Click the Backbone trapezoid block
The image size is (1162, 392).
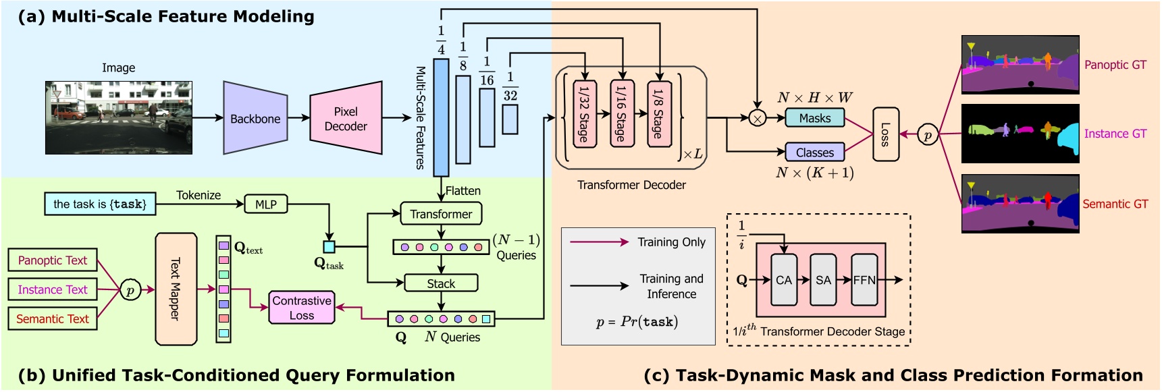click(x=255, y=118)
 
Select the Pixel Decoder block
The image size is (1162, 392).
click(x=346, y=119)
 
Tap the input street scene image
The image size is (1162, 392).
click(x=119, y=118)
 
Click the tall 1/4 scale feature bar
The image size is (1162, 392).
click(x=441, y=117)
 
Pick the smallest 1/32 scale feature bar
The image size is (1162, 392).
click(x=510, y=119)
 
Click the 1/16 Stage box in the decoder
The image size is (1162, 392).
click(x=621, y=113)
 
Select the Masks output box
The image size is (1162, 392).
click(x=815, y=118)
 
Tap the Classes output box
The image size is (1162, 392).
click(x=815, y=152)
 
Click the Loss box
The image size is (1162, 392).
click(x=885, y=134)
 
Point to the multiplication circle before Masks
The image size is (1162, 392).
click(x=758, y=119)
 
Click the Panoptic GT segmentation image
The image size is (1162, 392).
click(x=1020, y=65)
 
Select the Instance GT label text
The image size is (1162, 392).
click(x=1115, y=134)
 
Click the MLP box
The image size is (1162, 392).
click(x=265, y=204)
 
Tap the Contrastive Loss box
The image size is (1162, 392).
click(x=302, y=308)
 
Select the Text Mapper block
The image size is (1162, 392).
click(x=176, y=289)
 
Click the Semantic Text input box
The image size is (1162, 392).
click(x=53, y=319)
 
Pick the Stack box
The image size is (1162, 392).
click(x=441, y=283)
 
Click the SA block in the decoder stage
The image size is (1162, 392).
click(x=823, y=280)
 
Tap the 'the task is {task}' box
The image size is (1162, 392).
click(x=100, y=204)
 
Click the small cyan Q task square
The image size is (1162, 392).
click(x=329, y=247)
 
